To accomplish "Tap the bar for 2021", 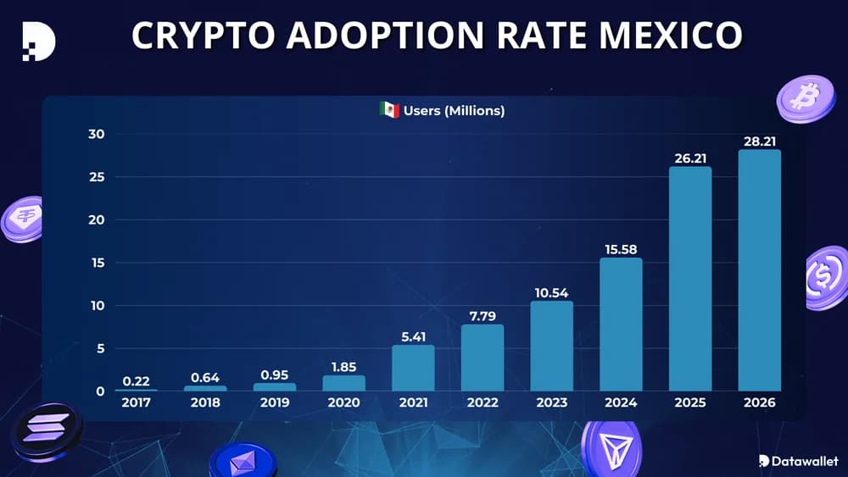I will tap(413, 368).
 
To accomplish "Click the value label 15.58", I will tap(621, 249).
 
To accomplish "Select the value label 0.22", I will tap(136, 381).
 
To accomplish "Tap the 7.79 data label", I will tap(482, 316).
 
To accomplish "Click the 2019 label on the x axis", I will tap(275, 403).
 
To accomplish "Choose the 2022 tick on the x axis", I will tap(482, 403).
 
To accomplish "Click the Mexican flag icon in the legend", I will tap(389, 110).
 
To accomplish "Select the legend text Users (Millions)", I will tap(454, 110).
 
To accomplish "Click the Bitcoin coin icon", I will tap(805, 99).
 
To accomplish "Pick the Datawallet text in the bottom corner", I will tap(805, 461).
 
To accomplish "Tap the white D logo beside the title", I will tap(38, 40).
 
